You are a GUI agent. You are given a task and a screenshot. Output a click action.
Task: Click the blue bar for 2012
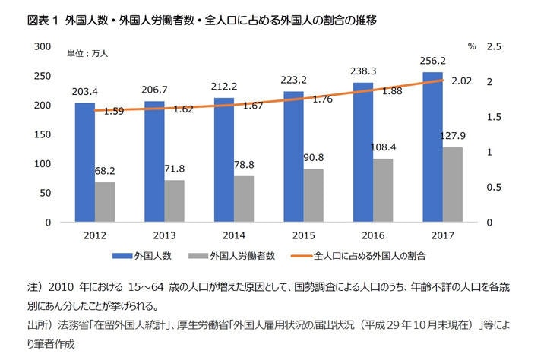click(x=84, y=163)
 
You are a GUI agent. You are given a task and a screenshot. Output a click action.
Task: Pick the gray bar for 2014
click(x=242, y=199)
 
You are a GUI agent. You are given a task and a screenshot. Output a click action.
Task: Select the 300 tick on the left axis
click(x=42, y=47)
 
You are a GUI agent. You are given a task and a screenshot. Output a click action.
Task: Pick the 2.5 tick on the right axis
click(x=495, y=47)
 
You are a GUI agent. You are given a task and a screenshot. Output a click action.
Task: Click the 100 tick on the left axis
click(x=42, y=164)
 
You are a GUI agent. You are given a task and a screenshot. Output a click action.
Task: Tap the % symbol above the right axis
click(x=472, y=47)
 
